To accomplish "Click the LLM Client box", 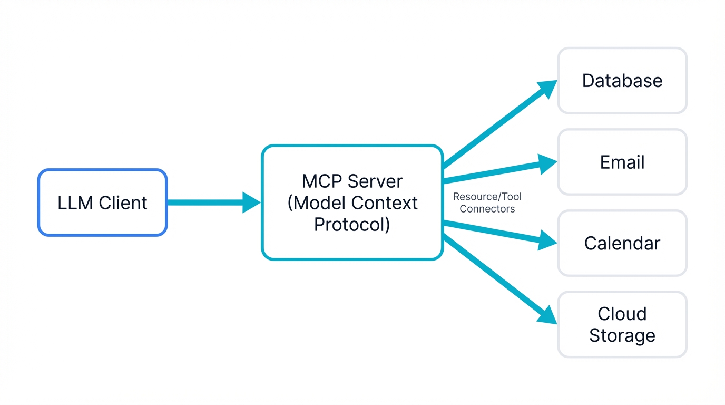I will tap(102, 202).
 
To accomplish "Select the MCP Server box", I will tap(352, 202).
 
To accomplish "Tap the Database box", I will tap(622, 81).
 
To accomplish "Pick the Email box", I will tap(622, 162).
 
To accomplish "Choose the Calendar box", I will tap(622, 243).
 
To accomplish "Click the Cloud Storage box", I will tap(622, 324).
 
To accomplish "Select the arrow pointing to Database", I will tap(495, 124).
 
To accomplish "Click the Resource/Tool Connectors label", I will tap(487, 202).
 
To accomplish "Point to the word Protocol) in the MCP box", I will tap(352, 224).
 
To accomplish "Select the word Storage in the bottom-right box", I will tap(622, 335).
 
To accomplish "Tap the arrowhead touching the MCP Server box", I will tap(251, 202).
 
